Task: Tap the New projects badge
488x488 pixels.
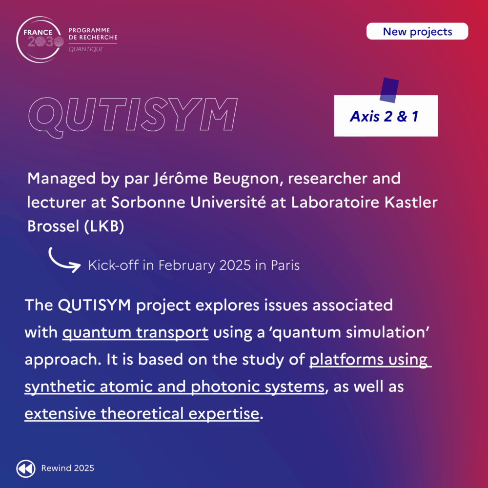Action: coord(417,31)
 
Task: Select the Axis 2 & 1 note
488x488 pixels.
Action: coord(386,116)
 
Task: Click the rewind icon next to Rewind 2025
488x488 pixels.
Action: coord(26,468)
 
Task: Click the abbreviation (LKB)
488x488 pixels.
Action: coord(104,226)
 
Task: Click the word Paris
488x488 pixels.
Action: coord(285,265)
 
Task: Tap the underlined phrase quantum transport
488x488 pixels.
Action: coord(135,333)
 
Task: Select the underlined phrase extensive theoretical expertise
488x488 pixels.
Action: coord(142,414)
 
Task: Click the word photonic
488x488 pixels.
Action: coord(225,387)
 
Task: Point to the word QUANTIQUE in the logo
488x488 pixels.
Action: coord(86,49)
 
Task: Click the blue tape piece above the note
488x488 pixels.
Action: coord(389,90)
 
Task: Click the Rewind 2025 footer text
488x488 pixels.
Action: coord(67,468)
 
